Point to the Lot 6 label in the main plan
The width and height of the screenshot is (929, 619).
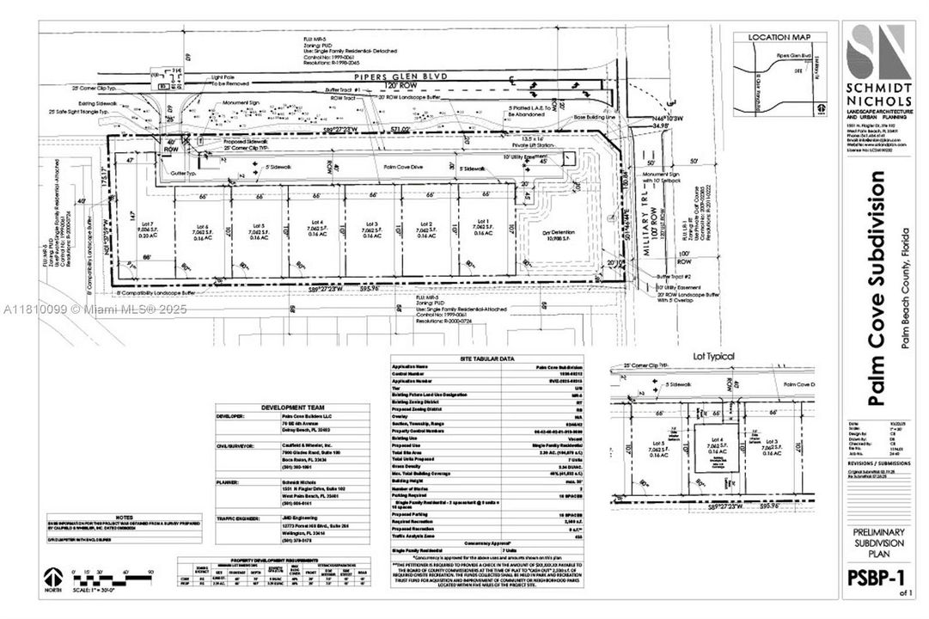coord(199,227)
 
